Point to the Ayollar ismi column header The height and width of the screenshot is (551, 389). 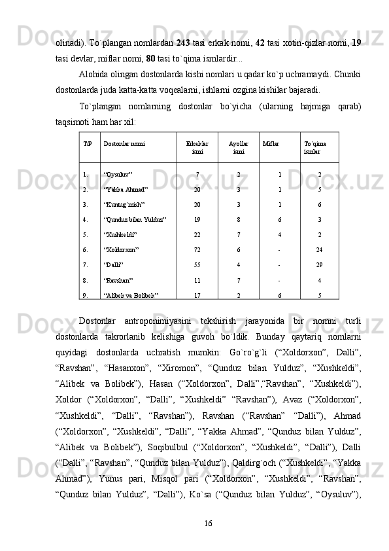coord(239,146)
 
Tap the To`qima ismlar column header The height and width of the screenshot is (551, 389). coord(316,146)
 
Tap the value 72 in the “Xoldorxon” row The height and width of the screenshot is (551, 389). coord(197,249)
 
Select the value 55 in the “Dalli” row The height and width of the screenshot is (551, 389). coord(197,264)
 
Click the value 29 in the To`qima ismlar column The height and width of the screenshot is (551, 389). coord(319,264)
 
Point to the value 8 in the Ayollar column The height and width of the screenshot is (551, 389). coord(239,219)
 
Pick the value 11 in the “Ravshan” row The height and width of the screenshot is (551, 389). coord(197,279)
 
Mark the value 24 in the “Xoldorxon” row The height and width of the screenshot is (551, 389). coord(319,249)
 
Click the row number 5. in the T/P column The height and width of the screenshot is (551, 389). coord(86,234)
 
